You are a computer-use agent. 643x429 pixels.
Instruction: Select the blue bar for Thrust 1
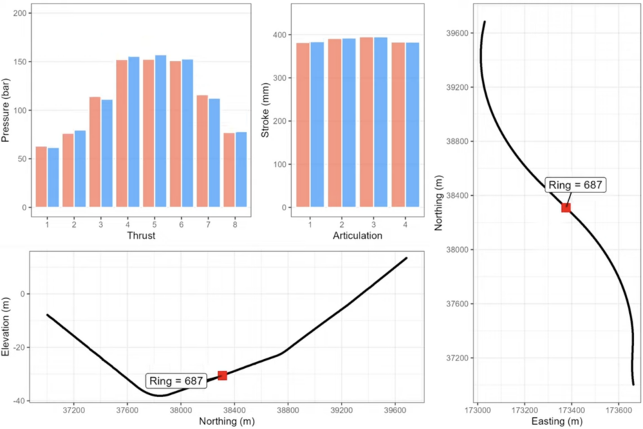point(53,177)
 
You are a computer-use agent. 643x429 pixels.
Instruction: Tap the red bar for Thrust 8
point(228,170)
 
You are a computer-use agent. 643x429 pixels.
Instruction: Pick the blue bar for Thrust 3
point(107,153)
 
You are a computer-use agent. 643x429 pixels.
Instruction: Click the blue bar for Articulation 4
point(411,125)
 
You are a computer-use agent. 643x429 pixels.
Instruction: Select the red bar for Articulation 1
point(303,125)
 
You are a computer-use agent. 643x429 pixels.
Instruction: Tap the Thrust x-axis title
point(140,235)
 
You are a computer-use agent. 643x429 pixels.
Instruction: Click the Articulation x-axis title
point(357,235)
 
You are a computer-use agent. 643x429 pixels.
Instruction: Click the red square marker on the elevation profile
point(222,375)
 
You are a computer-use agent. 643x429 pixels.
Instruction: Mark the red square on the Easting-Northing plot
point(566,208)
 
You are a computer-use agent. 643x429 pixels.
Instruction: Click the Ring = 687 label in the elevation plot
point(176,381)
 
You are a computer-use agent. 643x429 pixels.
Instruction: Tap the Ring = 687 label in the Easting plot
point(575,185)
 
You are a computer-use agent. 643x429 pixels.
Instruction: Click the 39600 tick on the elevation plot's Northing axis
point(394,410)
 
